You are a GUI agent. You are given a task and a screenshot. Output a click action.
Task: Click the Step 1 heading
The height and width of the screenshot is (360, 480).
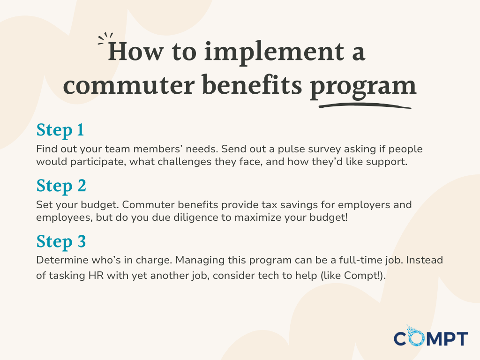tap(60, 130)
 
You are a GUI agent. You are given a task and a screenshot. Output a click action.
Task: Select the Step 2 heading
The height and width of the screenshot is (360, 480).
tap(61, 186)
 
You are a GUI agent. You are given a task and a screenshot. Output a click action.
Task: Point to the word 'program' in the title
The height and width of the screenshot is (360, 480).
tap(363, 87)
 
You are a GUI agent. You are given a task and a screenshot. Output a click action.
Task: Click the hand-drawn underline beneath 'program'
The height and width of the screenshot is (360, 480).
tap(364, 105)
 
